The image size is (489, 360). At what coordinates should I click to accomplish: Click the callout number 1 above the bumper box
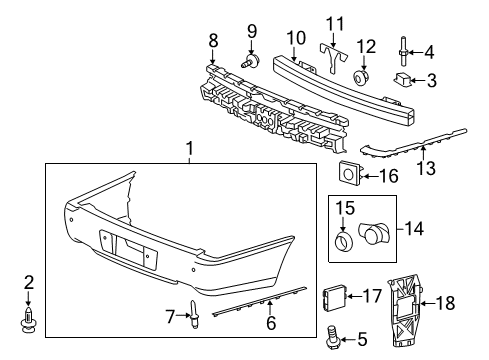click(x=188, y=149)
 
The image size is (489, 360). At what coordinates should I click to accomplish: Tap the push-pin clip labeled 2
click(x=29, y=322)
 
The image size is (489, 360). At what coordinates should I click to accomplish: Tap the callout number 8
click(x=212, y=41)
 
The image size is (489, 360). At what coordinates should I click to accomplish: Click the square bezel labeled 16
click(x=351, y=176)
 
